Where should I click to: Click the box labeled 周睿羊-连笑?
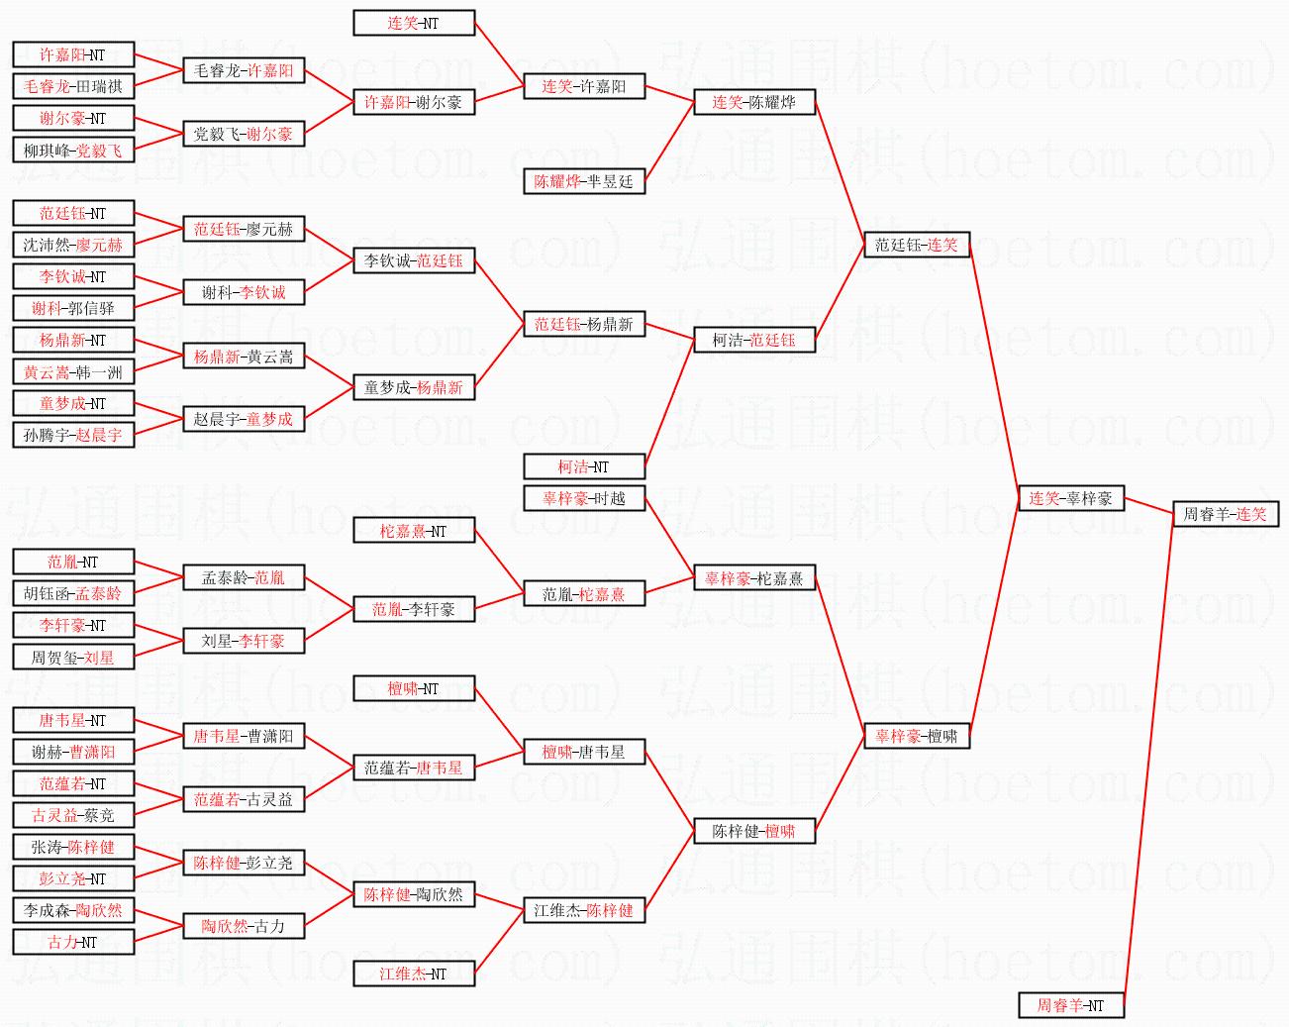point(1224,514)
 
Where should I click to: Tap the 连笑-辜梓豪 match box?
point(1070,498)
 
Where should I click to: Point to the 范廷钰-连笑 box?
point(916,245)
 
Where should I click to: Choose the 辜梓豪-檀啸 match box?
point(916,736)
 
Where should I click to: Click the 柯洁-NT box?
point(584,466)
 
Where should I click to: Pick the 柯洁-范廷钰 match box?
point(753,340)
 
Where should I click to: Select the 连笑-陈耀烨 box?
point(753,102)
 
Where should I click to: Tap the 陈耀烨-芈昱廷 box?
point(584,181)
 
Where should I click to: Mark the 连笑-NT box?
point(414,23)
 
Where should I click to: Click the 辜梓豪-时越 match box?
point(584,498)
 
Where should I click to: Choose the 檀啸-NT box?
point(414,688)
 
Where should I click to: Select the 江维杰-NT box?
point(414,974)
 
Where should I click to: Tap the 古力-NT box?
point(73,942)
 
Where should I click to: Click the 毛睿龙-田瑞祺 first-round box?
point(73,86)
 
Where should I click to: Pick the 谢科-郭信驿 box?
point(73,308)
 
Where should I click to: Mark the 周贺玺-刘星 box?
point(73,657)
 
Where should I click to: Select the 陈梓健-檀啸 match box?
point(753,831)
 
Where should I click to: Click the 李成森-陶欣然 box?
point(73,910)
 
